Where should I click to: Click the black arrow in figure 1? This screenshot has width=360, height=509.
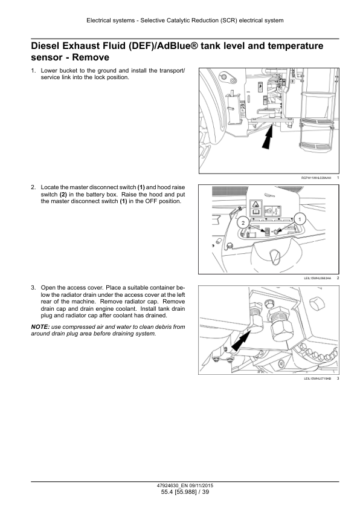tap(268, 138)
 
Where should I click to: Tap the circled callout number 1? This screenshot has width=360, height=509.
tap(300, 219)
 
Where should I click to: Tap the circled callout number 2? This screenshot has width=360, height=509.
tap(243, 222)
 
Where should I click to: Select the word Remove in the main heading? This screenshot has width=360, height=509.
tap(91, 57)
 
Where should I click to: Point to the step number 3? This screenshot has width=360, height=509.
tap(33, 288)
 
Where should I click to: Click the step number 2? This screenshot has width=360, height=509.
tap(33, 187)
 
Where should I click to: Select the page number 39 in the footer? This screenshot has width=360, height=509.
tap(205, 492)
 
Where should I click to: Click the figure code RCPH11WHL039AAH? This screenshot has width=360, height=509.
tap(317, 178)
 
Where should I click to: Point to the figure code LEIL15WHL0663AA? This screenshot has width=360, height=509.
tap(317, 278)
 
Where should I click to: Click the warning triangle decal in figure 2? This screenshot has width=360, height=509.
tap(256, 205)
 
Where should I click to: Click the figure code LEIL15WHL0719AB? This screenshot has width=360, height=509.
tap(317, 378)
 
